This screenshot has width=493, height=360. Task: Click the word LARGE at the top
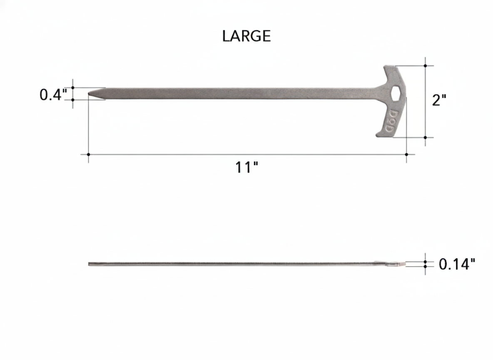pos(246,36)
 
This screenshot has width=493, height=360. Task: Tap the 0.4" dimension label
pos(53,95)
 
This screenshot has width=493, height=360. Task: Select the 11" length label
pos(246,167)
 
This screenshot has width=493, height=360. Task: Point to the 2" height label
pos(439,100)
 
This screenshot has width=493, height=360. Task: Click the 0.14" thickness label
pos(457,264)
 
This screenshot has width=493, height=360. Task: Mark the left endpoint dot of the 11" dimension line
pos(88,155)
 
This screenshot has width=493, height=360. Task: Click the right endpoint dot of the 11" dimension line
pos(406,155)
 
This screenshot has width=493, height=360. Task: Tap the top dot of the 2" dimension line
pos(425,66)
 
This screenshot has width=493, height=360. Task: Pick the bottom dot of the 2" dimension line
pos(425,137)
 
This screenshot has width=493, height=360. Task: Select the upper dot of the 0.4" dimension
pos(73,87)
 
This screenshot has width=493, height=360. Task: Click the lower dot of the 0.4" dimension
pos(73,100)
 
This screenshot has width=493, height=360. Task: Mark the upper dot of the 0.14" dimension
pos(425,261)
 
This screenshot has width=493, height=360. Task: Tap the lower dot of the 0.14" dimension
pos(425,266)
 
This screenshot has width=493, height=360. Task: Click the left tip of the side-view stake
pos(90,264)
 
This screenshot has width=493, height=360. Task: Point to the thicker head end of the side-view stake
pos(393,264)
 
